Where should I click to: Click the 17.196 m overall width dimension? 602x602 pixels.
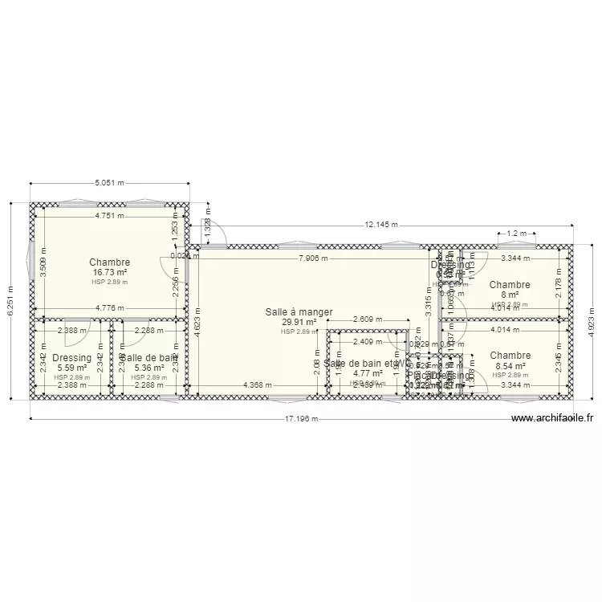pos(302,419)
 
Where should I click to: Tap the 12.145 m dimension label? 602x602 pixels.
pos(381,226)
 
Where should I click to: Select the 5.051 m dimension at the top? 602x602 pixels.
pos(109,183)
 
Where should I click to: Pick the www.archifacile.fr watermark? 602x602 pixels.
pos(552,418)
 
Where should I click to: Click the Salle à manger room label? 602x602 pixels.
pos(299,312)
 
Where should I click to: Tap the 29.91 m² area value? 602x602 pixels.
pos(299,323)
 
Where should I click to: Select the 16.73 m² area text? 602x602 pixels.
pos(109,273)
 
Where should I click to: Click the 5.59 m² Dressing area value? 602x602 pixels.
pos(71,368)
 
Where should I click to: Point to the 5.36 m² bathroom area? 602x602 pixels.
pos(148,368)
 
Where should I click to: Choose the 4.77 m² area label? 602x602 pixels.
pos(368,373)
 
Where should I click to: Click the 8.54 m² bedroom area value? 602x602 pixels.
pos(510,366)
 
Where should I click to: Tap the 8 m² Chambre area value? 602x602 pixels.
pos(510,295)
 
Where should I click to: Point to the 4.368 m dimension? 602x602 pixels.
pos(259,384)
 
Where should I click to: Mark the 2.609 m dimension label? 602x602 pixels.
pos(368,320)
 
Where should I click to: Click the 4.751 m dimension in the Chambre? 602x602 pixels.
pos(109,216)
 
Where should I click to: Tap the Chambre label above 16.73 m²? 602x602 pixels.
pos(109,262)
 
